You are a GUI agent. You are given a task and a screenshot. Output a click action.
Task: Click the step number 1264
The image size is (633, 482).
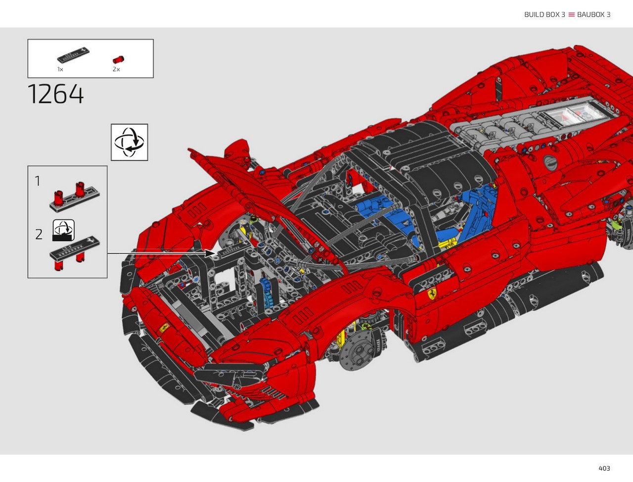[56, 94]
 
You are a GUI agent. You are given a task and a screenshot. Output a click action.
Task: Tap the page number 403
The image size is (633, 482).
[604, 468]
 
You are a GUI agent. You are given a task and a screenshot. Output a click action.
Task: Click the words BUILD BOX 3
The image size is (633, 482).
[544, 14]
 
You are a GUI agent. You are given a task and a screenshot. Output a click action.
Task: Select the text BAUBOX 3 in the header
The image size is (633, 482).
[593, 14]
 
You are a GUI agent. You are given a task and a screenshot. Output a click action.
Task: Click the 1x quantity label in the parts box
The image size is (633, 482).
[60, 69]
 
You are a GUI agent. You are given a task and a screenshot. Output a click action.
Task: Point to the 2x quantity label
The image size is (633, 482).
[116, 69]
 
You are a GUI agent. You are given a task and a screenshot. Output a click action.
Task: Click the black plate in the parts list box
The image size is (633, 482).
[73, 55]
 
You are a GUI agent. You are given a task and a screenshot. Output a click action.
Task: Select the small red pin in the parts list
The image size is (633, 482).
[118, 60]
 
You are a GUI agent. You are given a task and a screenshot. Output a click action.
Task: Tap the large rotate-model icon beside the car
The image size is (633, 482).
[130, 142]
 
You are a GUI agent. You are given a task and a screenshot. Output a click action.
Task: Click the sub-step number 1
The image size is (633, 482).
[38, 181]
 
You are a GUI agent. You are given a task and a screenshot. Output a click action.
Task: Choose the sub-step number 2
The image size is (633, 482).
[39, 234]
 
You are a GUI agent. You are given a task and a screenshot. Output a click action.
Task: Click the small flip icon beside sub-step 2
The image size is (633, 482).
[63, 230]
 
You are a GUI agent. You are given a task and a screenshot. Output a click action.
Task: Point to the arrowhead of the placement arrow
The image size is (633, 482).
[210, 253]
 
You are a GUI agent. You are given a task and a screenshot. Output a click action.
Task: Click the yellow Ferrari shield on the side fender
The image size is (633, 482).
[431, 293]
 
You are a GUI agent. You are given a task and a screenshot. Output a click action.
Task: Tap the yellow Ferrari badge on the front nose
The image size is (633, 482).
[164, 328]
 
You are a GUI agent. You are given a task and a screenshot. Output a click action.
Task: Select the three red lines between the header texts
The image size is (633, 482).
[571, 14]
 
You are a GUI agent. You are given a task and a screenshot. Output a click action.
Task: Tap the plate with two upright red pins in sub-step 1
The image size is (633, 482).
[75, 197]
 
